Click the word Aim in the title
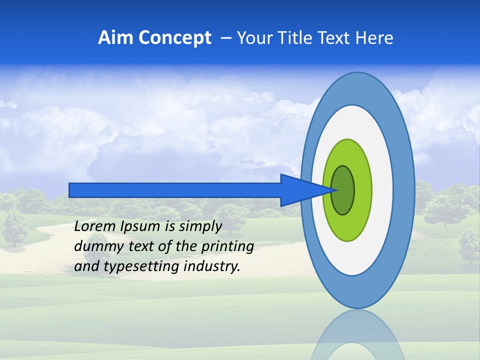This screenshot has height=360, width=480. [x=115, y=37]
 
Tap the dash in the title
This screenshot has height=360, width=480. [x=226, y=38]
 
